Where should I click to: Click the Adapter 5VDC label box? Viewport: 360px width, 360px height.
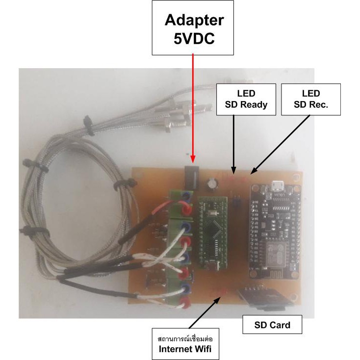(x=193, y=28)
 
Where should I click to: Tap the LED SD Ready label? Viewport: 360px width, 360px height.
(x=246, y=100)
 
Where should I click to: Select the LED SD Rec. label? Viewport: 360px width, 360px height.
(x=311, y=100)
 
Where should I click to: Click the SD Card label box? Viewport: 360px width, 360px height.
(x=272, y=324)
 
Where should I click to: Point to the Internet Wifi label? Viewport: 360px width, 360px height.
(x=185, y=344)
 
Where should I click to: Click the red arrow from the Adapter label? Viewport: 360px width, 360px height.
(x=193, y=108)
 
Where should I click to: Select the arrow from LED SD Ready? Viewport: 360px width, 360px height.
(x=233, y=144)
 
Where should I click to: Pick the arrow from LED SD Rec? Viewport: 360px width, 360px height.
(x=280, y=144)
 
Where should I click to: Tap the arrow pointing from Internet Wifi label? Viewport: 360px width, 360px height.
(x=205, y=312)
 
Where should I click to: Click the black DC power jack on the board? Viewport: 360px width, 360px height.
(x=192, y=177)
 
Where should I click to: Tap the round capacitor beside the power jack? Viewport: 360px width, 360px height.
(x=212, y=184)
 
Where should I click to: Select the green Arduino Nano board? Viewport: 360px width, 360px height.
(x=212, y=232)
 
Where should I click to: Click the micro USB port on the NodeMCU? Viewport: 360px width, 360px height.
(x=278, y=186)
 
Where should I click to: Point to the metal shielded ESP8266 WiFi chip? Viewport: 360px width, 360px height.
(x=276, y=255)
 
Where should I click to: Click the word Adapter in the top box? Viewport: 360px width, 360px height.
(x=194, y=20)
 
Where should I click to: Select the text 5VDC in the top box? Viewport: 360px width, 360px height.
(x=194, y=39)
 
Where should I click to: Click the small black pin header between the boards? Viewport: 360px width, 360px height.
(x=236, y=201)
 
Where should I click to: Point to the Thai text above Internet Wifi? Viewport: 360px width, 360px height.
(x=185, y=338)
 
